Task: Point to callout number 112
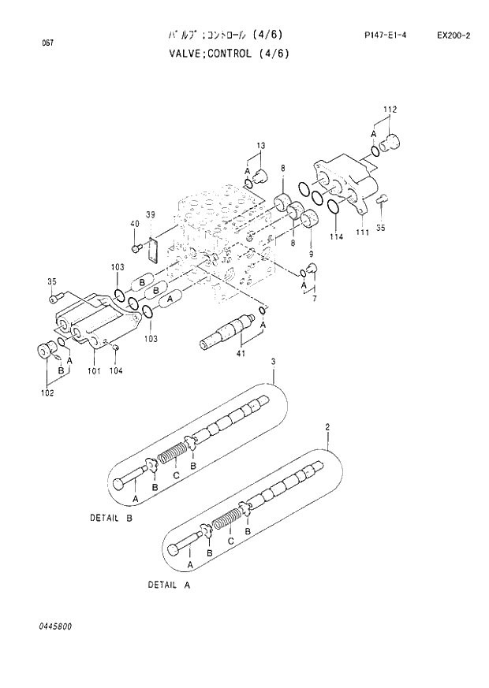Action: click(x=390, y=109)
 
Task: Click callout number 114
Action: click(x=337, y=237)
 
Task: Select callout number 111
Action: click(x=363, y=232)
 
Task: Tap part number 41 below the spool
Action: click(x=241, y=353)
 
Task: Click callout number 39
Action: click(x=150, y=214)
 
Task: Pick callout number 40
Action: click(x=134, y=224)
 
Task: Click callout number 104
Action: click(x=116, y=370)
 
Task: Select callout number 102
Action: click(x=48, y=392)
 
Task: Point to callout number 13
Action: click(x=261, y=146)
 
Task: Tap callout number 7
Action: click(x=314, y=299)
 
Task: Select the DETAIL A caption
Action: click(x=169, y=586)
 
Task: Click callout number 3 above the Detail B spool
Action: click(x=274, y=361)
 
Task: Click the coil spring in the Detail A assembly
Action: click(x=227, y=522)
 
